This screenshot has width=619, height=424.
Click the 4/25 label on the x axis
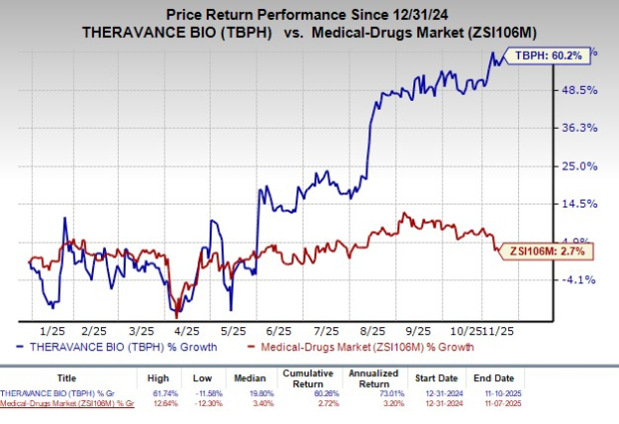[185, 328]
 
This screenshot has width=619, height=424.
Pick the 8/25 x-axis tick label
[374, 328]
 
